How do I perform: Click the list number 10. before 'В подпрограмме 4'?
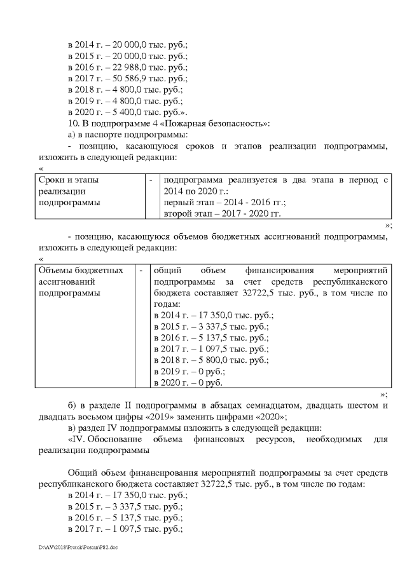(x=72, y=123)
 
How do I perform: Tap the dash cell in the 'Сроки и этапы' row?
(x=151, y=180)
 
